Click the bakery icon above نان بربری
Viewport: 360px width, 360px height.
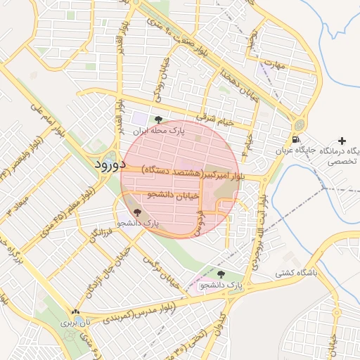click(75, 311)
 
